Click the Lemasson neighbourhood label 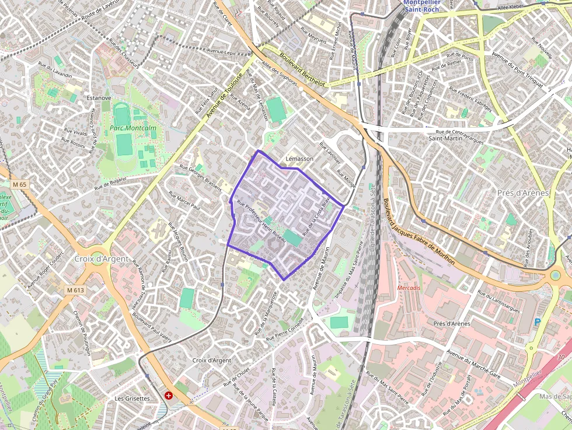pyautogui.click(x=299, y=159)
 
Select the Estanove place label pyautogui.click(x=98, y=98)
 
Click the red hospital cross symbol pyautogui.click(x=169, y=395)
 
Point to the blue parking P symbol pyautogui.click(x=538, y=321)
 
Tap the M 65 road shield pyautogui.click(x=19, y=184)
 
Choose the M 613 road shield pyautogui.click(x=75, y=290)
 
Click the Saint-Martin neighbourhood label pyautogui.click(x=445, y=138)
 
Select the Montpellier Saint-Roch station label pyautogui.click(x=426, y=5)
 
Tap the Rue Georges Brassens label pyautogui.click(x=201, y=177)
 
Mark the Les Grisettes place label pyautogui.click(x=132, y=398)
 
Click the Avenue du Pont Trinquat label pyautogui.click(x=518, y=71)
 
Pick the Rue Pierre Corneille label pyautogui.click(x=285, y=330)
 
